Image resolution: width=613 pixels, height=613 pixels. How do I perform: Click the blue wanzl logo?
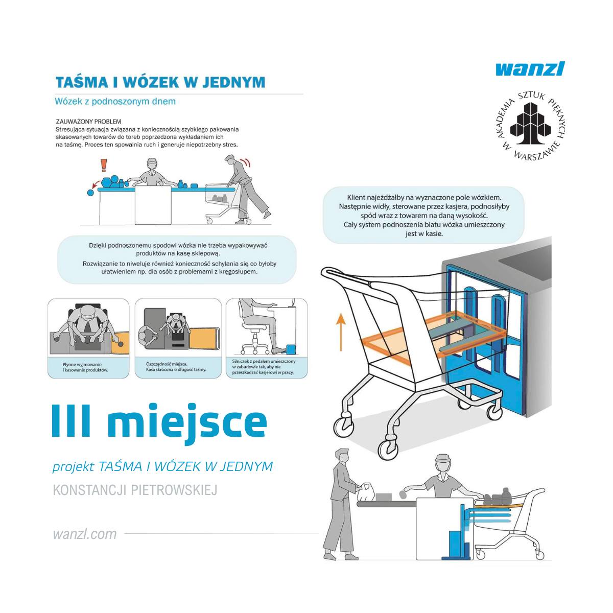click(530, 68)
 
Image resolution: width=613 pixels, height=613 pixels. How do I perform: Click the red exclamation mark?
click(104, 164)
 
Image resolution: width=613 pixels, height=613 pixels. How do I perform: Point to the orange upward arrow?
click(341, 332)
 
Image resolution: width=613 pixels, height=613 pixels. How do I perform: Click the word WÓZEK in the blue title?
click(152, 82)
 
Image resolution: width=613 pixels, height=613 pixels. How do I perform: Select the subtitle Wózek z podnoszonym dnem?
click(115, 101)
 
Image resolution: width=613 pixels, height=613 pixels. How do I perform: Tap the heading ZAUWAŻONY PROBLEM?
click(88, 122)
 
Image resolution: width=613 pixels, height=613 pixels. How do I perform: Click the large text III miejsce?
click(159, 421)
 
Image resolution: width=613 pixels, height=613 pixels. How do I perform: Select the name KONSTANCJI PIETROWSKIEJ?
click(135, 490)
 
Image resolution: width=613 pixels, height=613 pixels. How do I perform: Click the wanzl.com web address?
click(85, 534)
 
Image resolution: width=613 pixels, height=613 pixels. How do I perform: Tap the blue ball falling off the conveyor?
click(91, 193)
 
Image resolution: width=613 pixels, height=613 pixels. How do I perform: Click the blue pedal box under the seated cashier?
click(291, 349)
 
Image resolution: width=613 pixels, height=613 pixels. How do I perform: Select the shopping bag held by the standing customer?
click(364, 493)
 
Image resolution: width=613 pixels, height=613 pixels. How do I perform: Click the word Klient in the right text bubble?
click(356, 197)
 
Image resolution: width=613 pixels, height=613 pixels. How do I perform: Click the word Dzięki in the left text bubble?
click(98, 245)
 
